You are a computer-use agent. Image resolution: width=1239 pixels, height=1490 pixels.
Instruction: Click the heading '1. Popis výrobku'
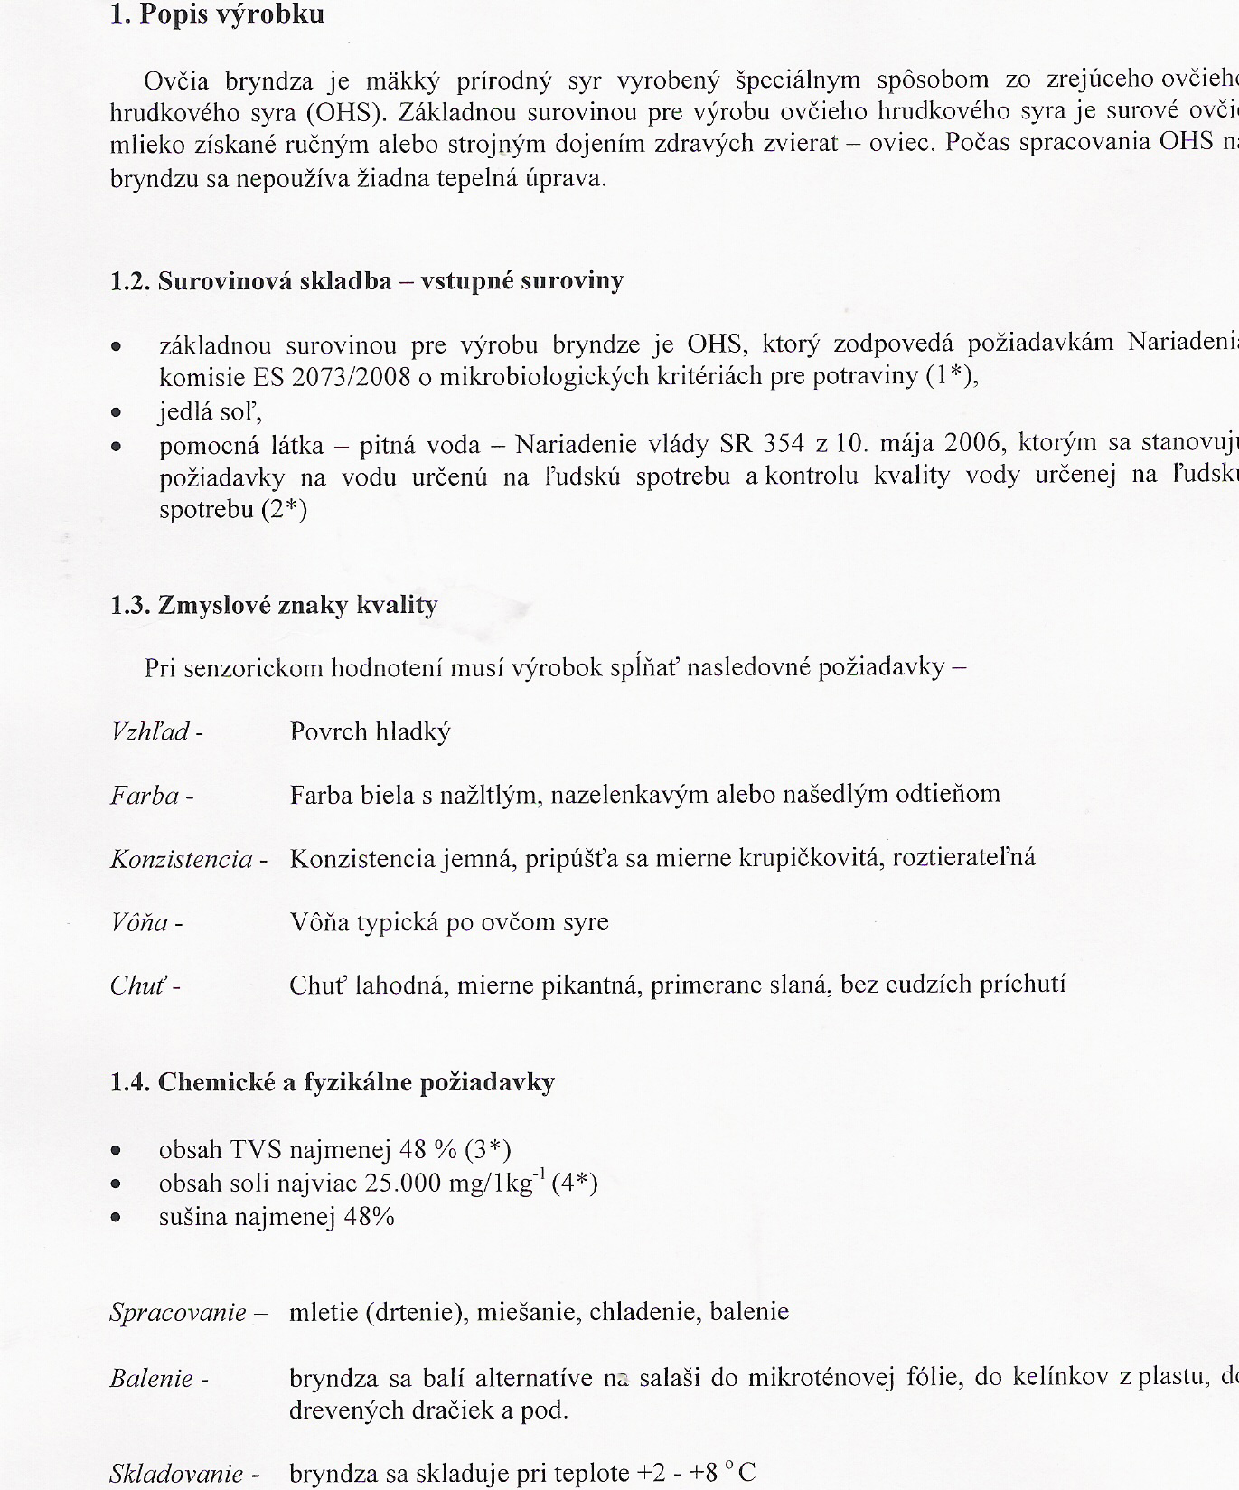217,15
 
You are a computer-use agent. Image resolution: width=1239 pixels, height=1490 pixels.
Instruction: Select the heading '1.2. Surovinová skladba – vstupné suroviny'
367,281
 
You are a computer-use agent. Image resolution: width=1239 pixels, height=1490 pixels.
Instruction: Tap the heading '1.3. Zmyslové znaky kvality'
274,605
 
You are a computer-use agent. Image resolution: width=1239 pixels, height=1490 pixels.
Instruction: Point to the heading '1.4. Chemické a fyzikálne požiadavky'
333,1082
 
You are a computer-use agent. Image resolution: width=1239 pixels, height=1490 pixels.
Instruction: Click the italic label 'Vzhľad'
151,731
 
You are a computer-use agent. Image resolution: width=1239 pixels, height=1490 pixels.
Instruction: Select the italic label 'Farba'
145,796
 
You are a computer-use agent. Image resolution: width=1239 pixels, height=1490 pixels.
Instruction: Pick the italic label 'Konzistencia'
182,859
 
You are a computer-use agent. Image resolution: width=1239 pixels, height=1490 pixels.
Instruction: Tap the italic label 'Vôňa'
139,923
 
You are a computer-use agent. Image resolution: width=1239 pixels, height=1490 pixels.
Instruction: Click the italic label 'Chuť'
139,985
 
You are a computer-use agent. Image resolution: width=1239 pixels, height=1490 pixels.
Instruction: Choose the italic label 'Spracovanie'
178,1312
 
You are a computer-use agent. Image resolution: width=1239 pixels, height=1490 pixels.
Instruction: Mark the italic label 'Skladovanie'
176,1474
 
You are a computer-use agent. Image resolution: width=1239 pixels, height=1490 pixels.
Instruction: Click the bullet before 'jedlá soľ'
116,412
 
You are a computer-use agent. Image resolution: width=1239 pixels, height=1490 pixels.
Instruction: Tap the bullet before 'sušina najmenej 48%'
116,1217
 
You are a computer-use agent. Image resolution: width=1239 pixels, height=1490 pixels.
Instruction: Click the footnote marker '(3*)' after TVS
488,1150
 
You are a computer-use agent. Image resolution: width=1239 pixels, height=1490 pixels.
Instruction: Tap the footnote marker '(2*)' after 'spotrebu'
284,510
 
